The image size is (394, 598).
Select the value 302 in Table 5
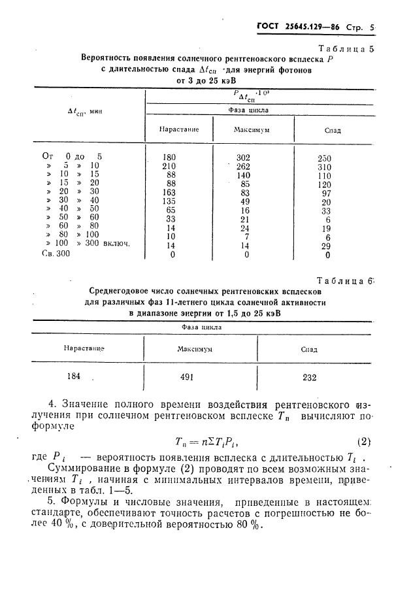click(x=244, y=158)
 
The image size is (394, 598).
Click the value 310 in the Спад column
click(x=324, y=167)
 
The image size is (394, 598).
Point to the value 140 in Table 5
click(x=244, y=175)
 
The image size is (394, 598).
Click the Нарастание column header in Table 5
click(x=178, y=130)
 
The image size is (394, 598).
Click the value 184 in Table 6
click(x=74, y=376)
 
